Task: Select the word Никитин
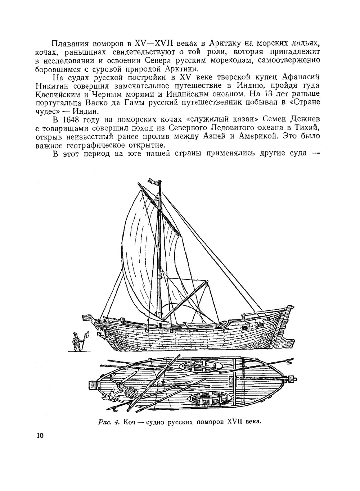point(53,86)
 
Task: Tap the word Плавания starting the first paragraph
point(70,44)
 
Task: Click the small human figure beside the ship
point(76,341)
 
